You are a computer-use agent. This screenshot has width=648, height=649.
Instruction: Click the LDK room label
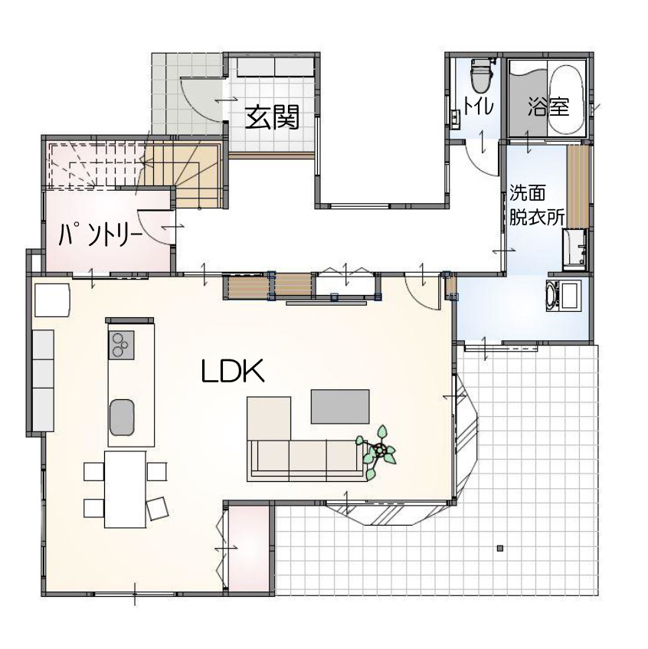click(233, 371)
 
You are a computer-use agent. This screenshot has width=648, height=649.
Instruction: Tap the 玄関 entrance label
click(272, 118)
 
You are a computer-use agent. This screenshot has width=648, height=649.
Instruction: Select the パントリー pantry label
click(100, 234)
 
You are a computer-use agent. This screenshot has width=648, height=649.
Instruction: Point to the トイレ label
click(479, 105)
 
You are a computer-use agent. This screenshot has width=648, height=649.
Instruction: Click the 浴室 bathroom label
click(548, 107)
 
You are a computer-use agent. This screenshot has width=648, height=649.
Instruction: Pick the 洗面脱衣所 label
click(536, 205)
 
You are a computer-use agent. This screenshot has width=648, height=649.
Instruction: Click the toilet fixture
click(480, 76)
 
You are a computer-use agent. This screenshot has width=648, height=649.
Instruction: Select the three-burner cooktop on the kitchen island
click(121, 345)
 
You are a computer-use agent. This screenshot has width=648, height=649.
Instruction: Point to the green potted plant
click(378, 451)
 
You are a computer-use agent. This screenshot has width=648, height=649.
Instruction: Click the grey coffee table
click(340, 406)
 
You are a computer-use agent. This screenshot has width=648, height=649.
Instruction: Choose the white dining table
click(125, 489)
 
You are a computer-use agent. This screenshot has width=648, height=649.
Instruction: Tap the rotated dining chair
click(157, 508)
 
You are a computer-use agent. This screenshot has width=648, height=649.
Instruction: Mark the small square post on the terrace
click(500, 549)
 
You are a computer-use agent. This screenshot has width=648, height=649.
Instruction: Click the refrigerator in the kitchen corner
click(52, 300)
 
